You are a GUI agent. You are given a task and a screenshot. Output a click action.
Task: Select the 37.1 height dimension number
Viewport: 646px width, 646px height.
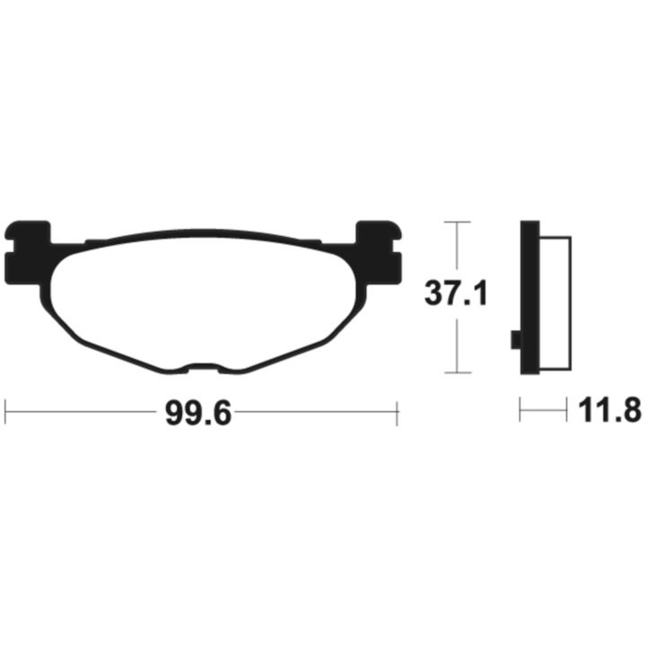click(x=456, y=293)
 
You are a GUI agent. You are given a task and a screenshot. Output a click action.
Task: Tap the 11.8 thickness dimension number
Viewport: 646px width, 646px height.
click(x=610, y=411)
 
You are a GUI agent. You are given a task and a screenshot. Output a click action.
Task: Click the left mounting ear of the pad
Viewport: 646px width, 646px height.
click(x=25, y=252)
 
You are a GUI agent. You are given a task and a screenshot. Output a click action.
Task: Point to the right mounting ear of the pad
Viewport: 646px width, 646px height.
click(x=379, y=252)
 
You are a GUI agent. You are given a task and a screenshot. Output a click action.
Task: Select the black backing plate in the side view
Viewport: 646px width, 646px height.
click(x=530, y=298)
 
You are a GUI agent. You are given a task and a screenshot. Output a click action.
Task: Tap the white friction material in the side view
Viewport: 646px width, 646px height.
click(x=555, y=302)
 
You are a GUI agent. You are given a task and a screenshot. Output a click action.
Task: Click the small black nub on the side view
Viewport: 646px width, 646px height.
click(x=515, y=340)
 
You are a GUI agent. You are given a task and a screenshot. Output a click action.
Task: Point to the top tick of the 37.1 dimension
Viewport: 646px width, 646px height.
click(x=458, y=222)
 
